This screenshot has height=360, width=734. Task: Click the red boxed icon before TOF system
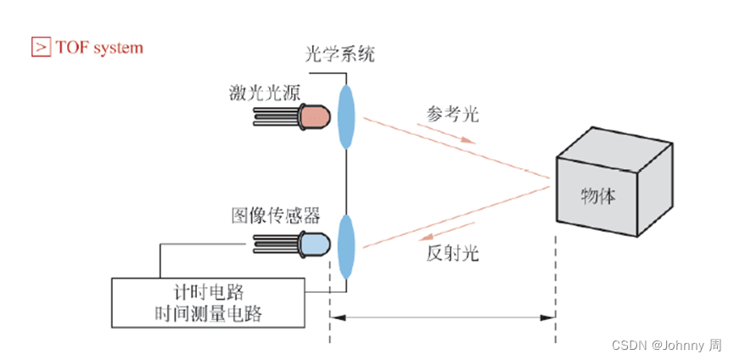click(x=40, y=47)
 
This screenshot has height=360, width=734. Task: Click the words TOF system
click(x=99, y=48)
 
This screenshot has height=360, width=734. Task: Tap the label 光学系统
click(x=339, y=56)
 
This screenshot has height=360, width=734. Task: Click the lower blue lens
click(x=346, y=245)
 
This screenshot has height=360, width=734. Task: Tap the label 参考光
click(x=455, y=115)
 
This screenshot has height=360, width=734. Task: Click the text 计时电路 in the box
click(x=209, y=293)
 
